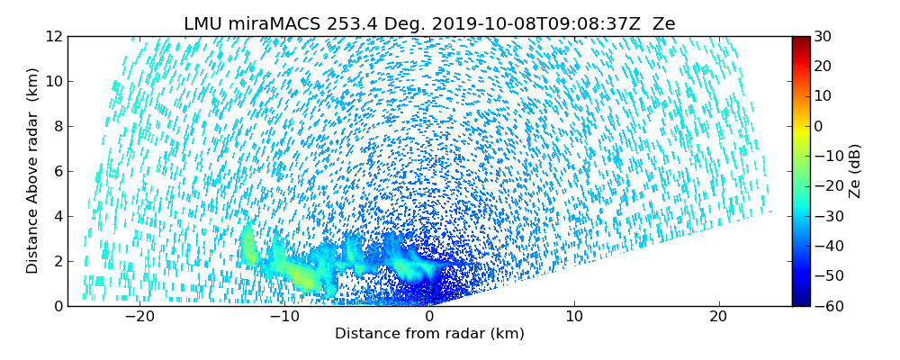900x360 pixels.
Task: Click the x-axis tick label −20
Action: point(139,317)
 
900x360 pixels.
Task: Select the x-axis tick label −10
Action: point(284,317)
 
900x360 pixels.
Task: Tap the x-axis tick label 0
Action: point(429,317)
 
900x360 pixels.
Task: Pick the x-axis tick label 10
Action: point(574,317)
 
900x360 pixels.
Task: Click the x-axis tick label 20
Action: point(718,317)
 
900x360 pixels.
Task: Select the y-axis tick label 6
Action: point(58,171)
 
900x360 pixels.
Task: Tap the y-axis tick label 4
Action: point(58,216)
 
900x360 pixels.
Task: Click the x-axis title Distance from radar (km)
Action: point(429,334)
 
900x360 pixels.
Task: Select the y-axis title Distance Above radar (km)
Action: point(33,171)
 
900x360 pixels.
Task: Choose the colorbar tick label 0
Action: point(820,126)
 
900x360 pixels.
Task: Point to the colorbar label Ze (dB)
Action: point(855,171)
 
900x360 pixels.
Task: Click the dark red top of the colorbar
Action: point(800,40)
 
